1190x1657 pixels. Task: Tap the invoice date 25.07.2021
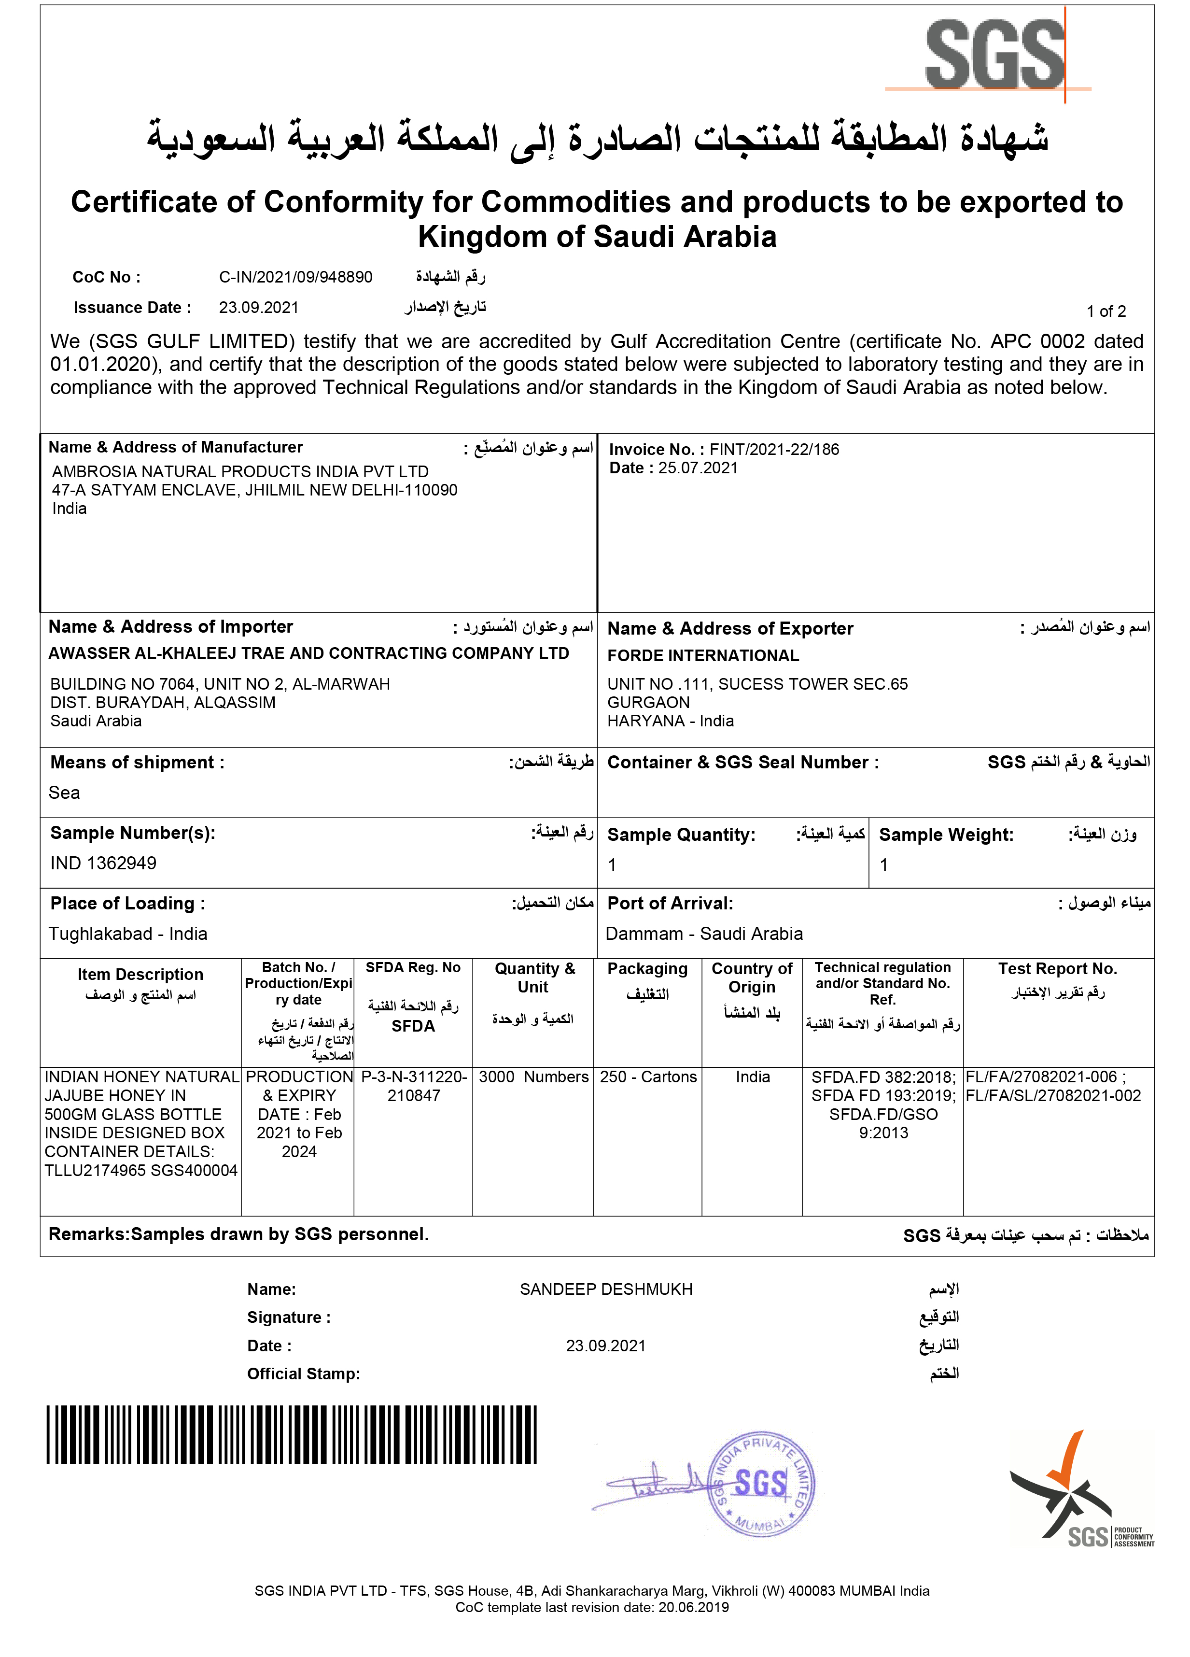click(698, 467)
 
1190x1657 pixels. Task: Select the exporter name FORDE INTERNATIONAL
click(703, 655)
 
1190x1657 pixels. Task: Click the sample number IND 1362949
click(103, 863)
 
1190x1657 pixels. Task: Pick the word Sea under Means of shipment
click(64, 793)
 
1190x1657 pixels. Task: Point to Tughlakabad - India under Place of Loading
click(128, 934)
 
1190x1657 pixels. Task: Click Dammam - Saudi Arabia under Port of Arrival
click(704, 934)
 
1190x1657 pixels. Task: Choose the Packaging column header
click(647, 969)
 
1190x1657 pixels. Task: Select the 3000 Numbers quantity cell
click(533, 1077)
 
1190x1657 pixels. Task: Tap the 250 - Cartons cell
click(648, 1077)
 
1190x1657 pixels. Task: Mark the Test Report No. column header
click(1057, 969)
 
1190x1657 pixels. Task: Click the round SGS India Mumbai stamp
click(761, 1484)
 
